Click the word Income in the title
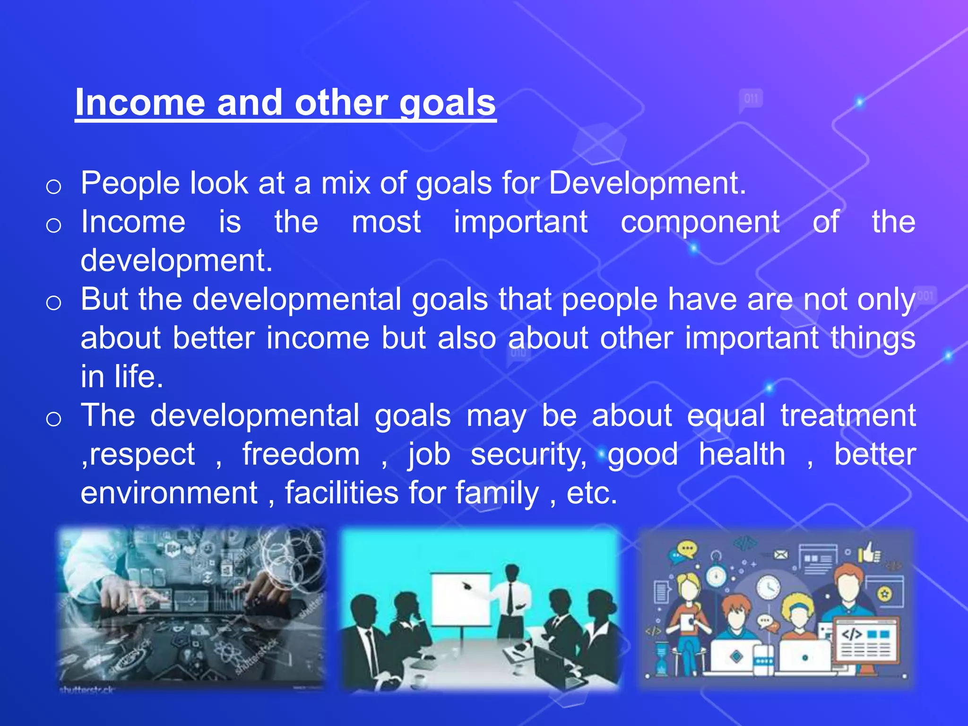click(140, 103)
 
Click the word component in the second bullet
click(700, 222)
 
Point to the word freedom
click(301, 455)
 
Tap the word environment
click(169, 493)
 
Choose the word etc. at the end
click(592, 493)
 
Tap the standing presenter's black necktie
click(510, 598)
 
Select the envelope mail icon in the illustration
click(781, 554)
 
